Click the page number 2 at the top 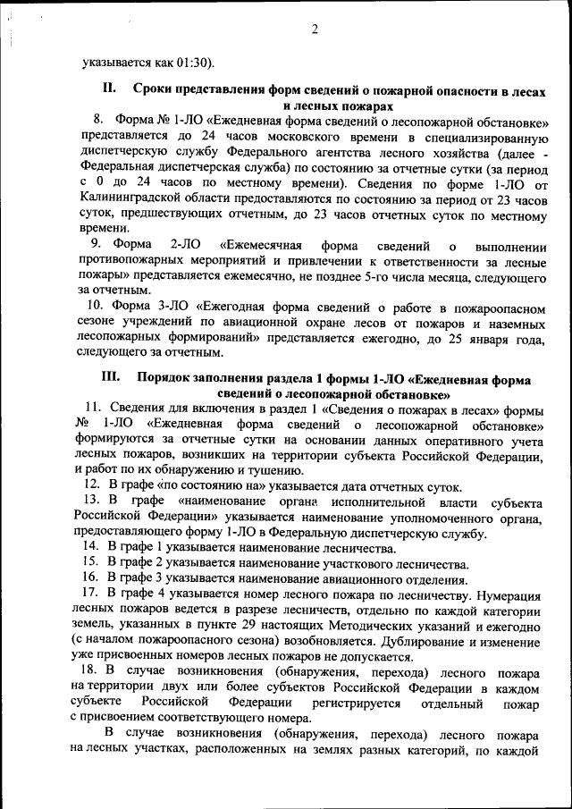point(315,29)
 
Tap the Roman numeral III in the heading point(111,378)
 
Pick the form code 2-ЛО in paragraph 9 point(185,245)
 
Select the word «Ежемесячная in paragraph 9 point(260,245)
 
